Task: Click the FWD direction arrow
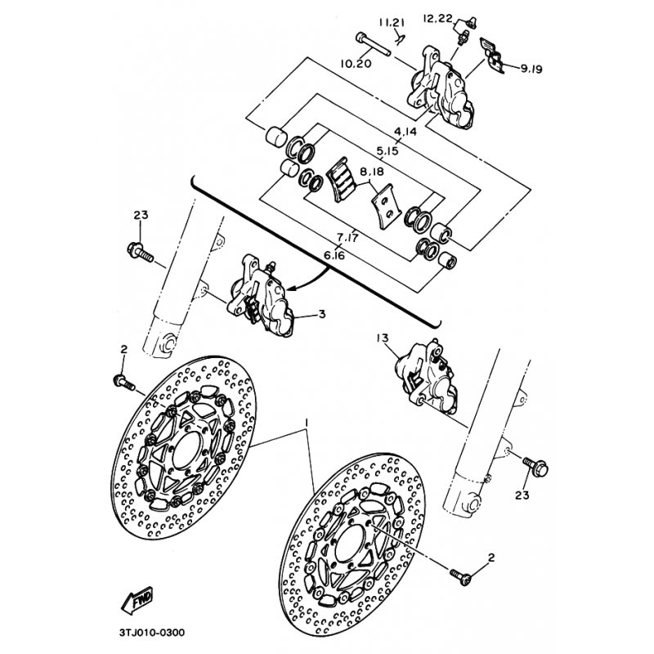(137, 601)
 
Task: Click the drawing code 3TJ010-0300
(152, 633)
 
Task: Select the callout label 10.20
(356, 64)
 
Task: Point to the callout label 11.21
(392, 23)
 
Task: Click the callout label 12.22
(437, 18)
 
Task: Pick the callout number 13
(382, 338)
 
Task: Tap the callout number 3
(321, 314)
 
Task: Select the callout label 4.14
(405, 132)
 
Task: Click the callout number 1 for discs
(307, 423)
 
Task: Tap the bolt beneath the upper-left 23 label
(140, 251)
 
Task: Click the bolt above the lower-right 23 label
(535, 466)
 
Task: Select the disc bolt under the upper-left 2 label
(124, 382)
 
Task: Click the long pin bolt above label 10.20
(373, 45)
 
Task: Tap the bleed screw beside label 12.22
(464, 29)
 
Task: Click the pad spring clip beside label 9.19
(492, 55)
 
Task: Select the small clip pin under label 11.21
(401, 38)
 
